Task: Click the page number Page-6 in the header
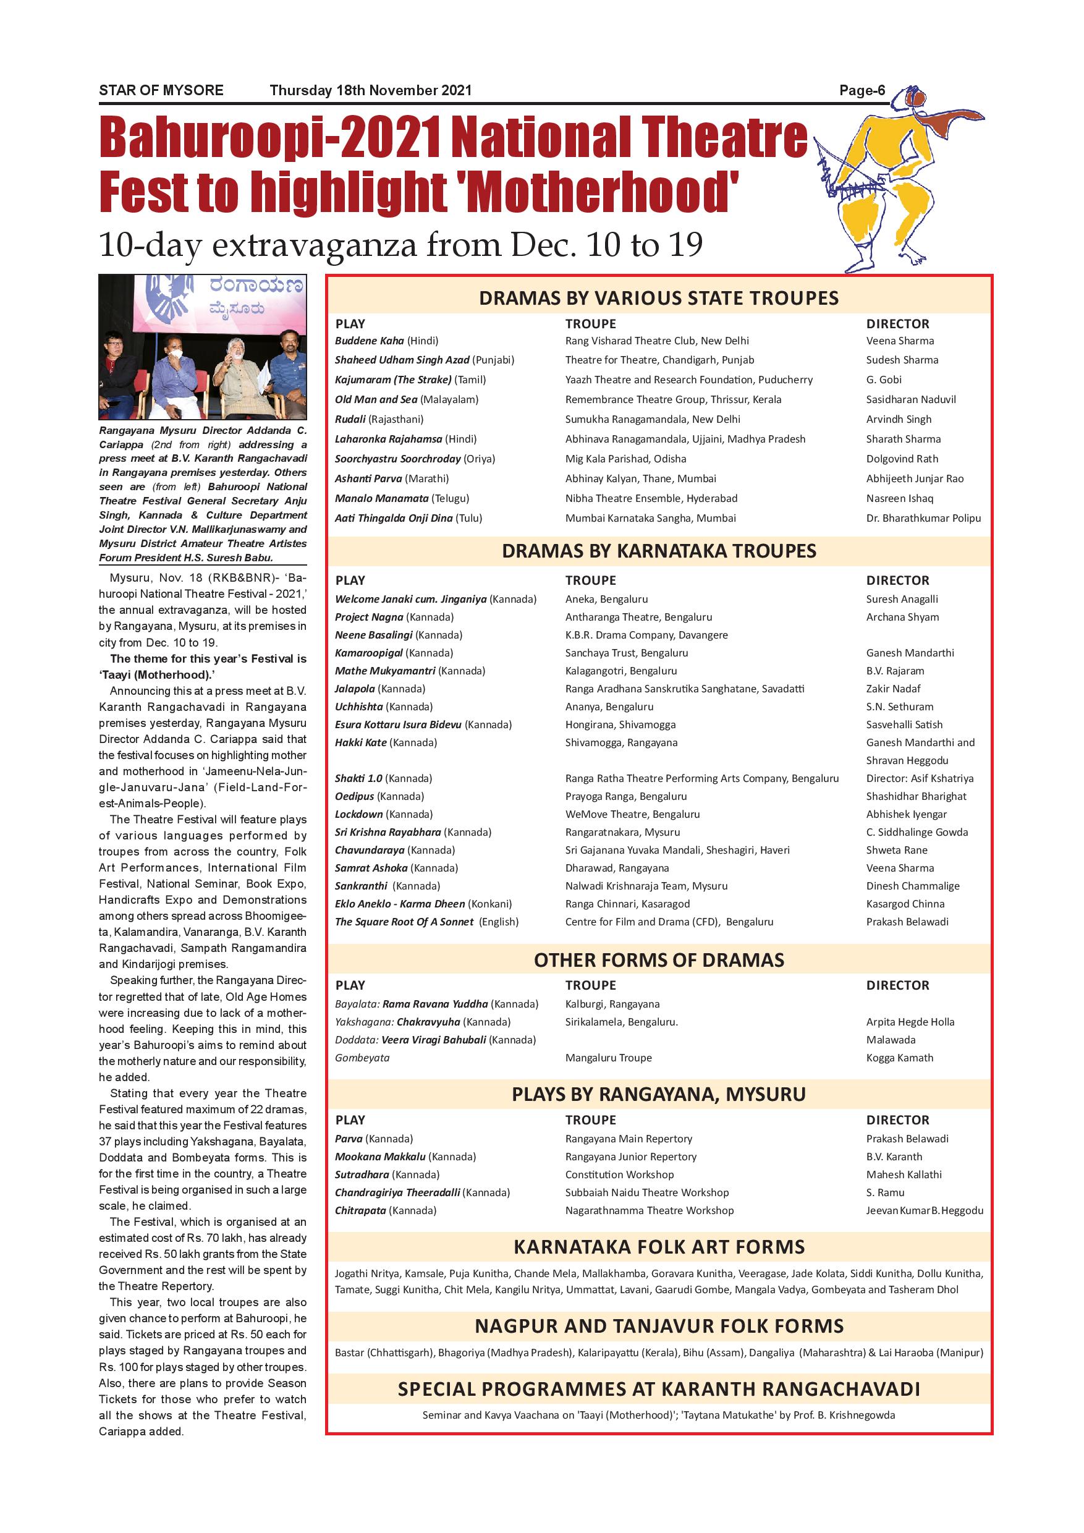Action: [862, 90]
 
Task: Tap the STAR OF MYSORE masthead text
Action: [161, 90]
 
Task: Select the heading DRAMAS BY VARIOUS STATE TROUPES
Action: [658, 298]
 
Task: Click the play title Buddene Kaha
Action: [370, 341]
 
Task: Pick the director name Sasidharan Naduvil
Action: [910, 399]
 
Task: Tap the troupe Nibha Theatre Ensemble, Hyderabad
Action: [651, 498]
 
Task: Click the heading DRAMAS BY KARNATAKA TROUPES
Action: [658, 551]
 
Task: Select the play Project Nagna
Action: [369, 617]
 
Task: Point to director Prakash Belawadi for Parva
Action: [907, 1139]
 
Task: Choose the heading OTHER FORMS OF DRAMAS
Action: [658, 960]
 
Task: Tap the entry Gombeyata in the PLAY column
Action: [362, 1058]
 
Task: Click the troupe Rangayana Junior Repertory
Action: [630, 1157]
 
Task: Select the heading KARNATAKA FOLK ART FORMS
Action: [658, 1247]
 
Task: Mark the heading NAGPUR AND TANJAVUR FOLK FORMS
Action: [658, 1326]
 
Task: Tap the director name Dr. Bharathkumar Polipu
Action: [923, 518]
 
